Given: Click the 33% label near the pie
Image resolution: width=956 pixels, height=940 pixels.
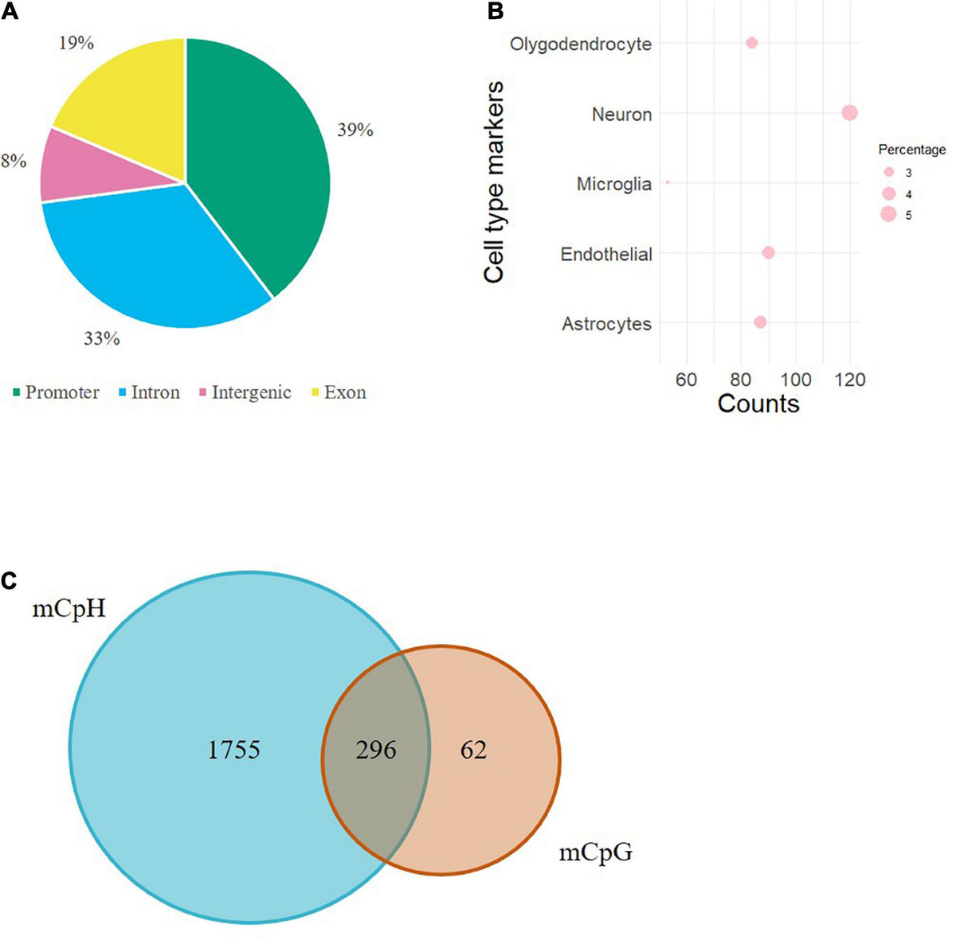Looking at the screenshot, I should tap(102, 338).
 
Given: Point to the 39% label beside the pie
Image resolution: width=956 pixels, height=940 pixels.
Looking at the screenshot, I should tap(355, 130).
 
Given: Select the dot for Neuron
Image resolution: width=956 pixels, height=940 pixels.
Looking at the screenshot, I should tap(849, 114).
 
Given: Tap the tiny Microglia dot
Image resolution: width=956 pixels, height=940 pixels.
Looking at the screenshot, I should tap(668, 183).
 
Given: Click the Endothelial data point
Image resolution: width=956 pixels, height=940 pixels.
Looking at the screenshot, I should tap(768, 253).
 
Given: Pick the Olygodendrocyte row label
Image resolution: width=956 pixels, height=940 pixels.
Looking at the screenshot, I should tap(581, 45).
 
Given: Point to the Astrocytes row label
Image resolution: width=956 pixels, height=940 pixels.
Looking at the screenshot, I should tap(606, 324).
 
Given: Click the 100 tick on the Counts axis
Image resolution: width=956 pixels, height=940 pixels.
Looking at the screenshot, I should tap(796, 380).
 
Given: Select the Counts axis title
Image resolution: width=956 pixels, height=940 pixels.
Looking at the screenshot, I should tap(758, 404).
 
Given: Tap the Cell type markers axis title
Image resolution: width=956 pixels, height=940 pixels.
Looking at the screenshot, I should tap(494, 181).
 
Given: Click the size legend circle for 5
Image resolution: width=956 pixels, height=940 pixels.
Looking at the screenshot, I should tap(888, 214).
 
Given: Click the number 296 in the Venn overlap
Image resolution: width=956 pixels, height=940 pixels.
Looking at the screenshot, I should tap(376, 750).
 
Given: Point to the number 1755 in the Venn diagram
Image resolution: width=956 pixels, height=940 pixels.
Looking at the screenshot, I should tap(234, 750).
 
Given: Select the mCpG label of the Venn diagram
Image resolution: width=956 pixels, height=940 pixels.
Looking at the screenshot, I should tap(595, 853).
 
